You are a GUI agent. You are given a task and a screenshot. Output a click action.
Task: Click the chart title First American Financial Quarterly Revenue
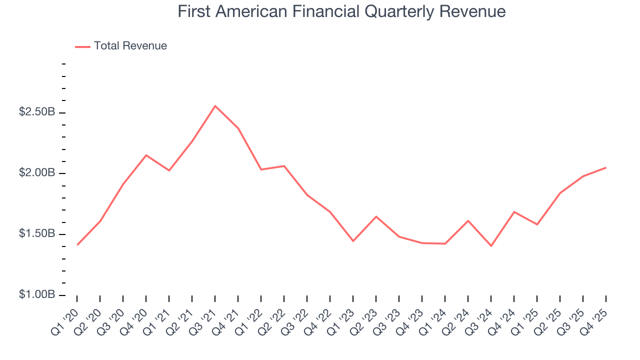pyautogui.click(x=341, y=12)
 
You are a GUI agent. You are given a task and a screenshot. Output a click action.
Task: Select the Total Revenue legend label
pyautogui.click(x=130, y=46)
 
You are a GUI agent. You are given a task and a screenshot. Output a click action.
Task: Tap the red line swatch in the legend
pyautogui.click(x=82, y=46)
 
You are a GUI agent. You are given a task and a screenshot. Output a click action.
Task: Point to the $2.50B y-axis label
pyautogui.click(x=37, y=112)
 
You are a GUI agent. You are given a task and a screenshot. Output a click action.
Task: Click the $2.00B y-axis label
pyautogui.click(x=37, y=173)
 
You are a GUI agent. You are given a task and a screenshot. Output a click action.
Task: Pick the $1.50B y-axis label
pyautogui.click(x=37, y=234)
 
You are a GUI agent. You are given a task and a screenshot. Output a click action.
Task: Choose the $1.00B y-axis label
pyautogui.click(x=37, y=294)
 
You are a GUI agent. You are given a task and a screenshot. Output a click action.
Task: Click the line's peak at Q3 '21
pyautogui.click(x=215, y=106)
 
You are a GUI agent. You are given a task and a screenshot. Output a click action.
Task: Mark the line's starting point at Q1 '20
pyautogui.click(x=77, y=244)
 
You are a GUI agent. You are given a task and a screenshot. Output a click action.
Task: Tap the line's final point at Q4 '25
pyautogui.click(x=606, y=167)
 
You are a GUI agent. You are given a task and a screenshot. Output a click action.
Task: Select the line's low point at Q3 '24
pyautogui.click(x=491, y=246)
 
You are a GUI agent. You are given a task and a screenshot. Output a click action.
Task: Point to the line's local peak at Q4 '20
pyautogui.click(x=146, y=155)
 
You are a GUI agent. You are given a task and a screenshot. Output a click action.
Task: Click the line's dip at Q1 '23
pyautogui.click(x=353, y=241)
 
